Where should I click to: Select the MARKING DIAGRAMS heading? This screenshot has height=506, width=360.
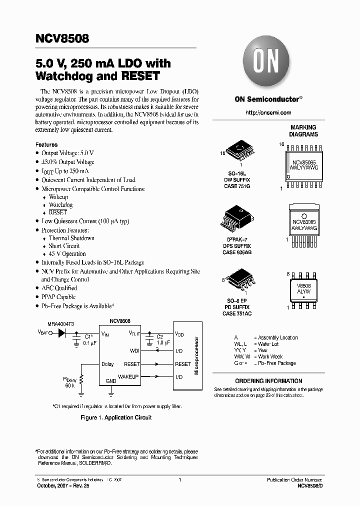click(303, 131)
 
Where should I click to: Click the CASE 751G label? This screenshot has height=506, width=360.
click(236, 186)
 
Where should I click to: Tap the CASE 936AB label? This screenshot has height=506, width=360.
click(237, 252)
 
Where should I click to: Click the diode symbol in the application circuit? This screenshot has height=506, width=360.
click(62, 332)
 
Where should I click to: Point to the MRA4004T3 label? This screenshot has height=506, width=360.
click(61, 324)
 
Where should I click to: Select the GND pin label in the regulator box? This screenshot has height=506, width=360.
click(111, 380)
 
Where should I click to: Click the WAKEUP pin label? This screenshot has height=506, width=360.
click(128, 375)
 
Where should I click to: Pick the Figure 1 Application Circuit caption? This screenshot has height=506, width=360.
click(116, 417)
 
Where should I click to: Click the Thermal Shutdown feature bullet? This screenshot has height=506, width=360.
click(71, 238)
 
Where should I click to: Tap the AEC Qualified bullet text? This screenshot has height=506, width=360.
click(59, 288)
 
